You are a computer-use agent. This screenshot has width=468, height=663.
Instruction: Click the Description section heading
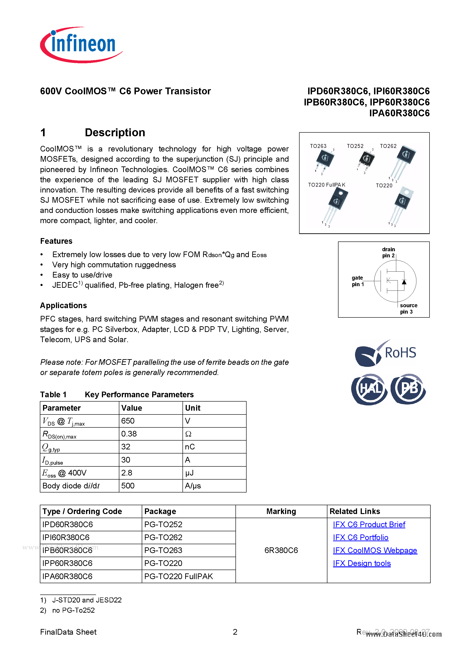tap(115, 133)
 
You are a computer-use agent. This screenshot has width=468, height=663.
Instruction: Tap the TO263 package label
tap(318, 146)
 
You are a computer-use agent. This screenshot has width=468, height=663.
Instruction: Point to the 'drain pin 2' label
tap(388, 252)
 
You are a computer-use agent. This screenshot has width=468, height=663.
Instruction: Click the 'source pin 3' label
tap(408, 308)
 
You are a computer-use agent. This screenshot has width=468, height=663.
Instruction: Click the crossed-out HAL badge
tap(369, 389)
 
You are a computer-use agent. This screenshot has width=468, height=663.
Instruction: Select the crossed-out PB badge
tap(408, 389)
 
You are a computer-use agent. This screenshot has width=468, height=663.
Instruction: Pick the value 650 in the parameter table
tap(128, 421)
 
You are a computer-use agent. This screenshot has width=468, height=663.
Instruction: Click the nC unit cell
tap(190, 447)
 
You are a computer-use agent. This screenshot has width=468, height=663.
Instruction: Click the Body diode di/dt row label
tap(71, 486)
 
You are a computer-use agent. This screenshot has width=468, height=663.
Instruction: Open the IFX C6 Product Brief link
tap(369, 524)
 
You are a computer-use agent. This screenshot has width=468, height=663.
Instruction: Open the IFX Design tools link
tap(362, 563)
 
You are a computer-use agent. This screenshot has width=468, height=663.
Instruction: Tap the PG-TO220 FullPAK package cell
tap(178, 576)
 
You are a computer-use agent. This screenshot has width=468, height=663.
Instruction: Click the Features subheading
tap(56, 241)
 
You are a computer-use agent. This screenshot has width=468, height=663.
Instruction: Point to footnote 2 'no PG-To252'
tap(73, 610)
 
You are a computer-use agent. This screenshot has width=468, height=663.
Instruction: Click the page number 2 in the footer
tap(235, 632)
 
